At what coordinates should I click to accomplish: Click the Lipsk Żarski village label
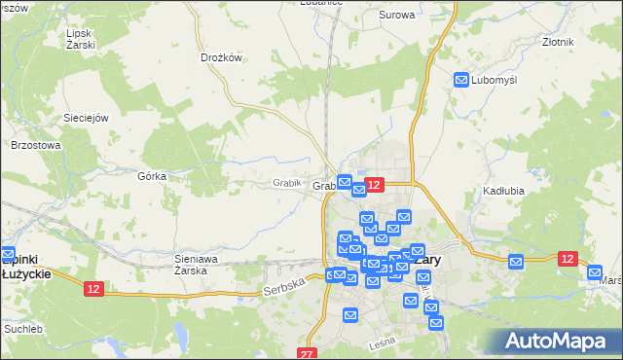coord(80,39)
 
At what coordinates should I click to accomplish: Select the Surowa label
coord(396,15)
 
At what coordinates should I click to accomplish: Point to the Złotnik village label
coord(558,43)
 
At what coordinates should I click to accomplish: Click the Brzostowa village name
coord(36,145)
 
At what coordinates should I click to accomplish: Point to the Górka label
coord(152,176)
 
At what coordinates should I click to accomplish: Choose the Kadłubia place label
coord(503,191)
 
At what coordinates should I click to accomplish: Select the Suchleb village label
coord(23,329)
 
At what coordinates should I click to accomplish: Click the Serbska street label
coord(284,286)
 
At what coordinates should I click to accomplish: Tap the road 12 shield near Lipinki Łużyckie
coord(93,289)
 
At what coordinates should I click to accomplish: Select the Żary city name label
coord(427,260)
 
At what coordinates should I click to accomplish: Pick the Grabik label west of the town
coord(287,182)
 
